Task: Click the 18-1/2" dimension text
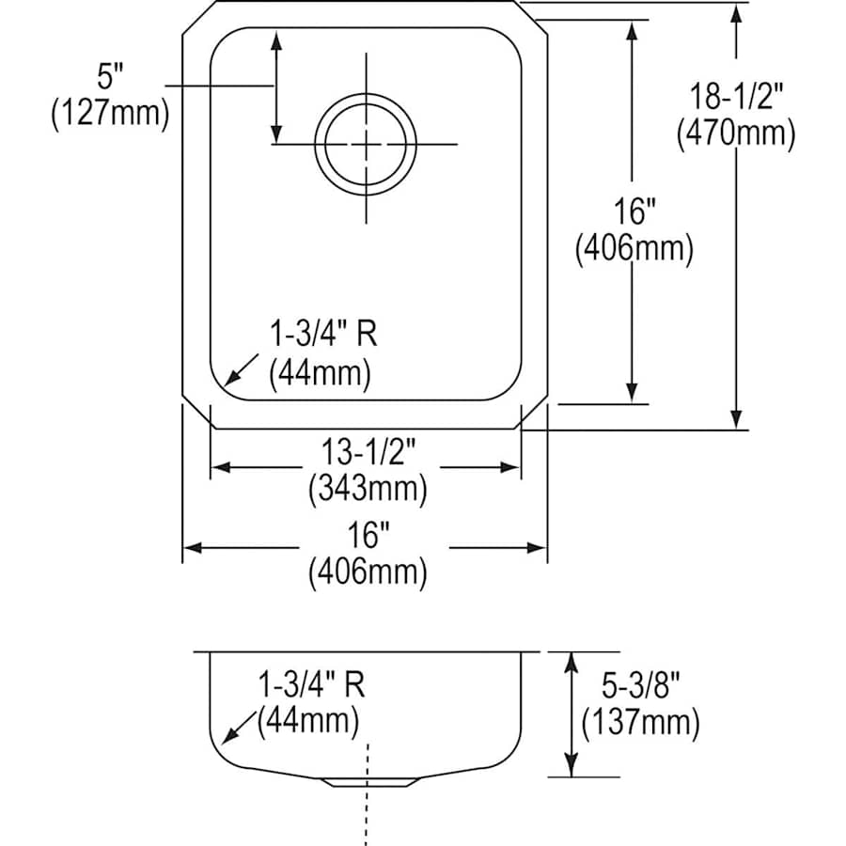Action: [x=736, y=97]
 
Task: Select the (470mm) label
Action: [x=736, y=133]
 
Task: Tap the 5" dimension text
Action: [x=110, y=76]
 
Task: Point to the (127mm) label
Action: [x=110, y=114]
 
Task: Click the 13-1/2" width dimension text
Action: [x=368, y=451]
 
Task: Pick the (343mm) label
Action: [x=368, y=489]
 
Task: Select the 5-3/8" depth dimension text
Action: [x=640, y=686]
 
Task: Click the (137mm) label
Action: [x=640, y=722]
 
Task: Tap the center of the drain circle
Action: [x=366, y=145]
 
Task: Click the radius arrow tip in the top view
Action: [x=225, y=385]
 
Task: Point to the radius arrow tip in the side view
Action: [x=222, y=744]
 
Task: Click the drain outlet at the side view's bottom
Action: [x=369, y=782]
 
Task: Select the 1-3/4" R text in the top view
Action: [x=323, y=334]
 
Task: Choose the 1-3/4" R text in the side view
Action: [x=312, y=684]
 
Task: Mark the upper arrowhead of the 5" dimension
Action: [x=276, y=34]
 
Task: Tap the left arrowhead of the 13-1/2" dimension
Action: [x=212, y=467]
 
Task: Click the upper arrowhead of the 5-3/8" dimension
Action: [x=571, y=654]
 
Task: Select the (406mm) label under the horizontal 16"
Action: [x=368, y=572]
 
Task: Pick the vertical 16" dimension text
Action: [x=634, y=211]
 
